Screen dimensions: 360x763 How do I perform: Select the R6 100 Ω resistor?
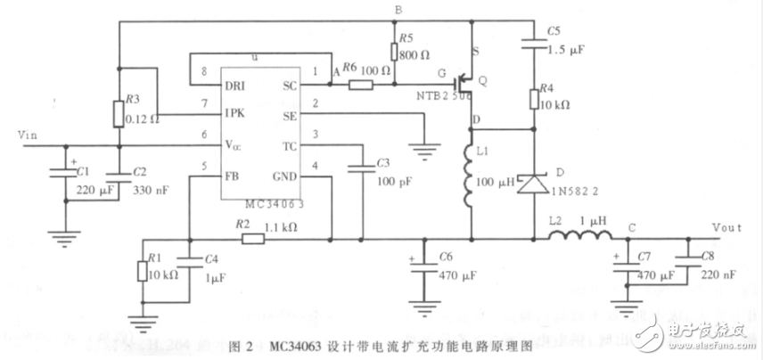pos(360,86)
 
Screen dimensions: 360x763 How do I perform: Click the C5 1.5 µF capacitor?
pos(534,40)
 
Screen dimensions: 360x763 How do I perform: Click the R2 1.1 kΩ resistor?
pos(251,239)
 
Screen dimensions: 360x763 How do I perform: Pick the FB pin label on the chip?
pos(230,176)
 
